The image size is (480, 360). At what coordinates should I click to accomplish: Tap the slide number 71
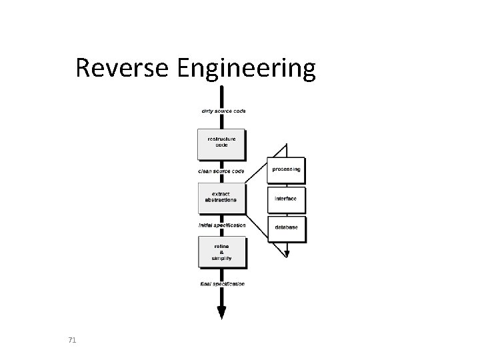[x=72, y=341]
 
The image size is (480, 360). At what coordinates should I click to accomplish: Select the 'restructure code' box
[x=221, y=143]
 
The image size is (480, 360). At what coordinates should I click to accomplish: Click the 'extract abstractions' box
[x=221, y=197]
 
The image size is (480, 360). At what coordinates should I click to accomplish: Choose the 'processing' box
[x=286, y=169]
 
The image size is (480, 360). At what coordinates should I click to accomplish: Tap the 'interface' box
[x=286, y=199]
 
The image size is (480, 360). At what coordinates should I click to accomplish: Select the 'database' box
[x=286, y=228]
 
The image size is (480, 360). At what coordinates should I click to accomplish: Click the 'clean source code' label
[x=221, y=171]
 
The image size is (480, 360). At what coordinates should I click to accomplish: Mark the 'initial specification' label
[x=223, y=225]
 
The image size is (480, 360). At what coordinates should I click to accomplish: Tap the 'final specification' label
[x=223, y=284]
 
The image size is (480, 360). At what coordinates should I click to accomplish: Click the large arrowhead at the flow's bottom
[x=221, y=313]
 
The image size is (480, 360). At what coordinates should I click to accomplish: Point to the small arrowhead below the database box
[x=286, y=253]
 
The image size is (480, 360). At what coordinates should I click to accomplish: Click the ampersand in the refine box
[x=221, y=251]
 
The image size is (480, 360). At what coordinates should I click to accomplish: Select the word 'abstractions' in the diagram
[x=221, y=200]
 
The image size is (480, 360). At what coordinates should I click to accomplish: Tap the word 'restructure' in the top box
[x=221, y=139]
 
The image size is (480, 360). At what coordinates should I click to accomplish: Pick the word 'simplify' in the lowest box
[x=221, y=257]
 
